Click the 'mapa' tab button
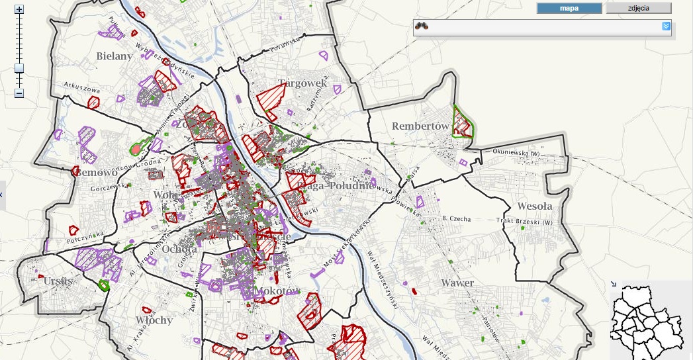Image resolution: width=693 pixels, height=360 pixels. [569, 9]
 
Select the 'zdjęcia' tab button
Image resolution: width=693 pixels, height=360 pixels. [639, 9]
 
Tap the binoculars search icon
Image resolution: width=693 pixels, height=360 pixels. [422, 26]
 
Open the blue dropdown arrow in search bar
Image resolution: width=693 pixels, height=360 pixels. [667, 26]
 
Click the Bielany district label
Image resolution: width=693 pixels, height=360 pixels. [115, 56]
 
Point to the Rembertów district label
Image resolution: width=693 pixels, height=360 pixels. [421, 126]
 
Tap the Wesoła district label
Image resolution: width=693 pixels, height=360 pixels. [535, 206]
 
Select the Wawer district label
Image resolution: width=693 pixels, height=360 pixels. [457, 283]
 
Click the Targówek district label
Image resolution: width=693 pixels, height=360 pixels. [302, 83]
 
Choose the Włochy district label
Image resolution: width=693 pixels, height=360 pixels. [154, 320]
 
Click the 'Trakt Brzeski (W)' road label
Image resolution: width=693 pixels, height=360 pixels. [524, 222]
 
